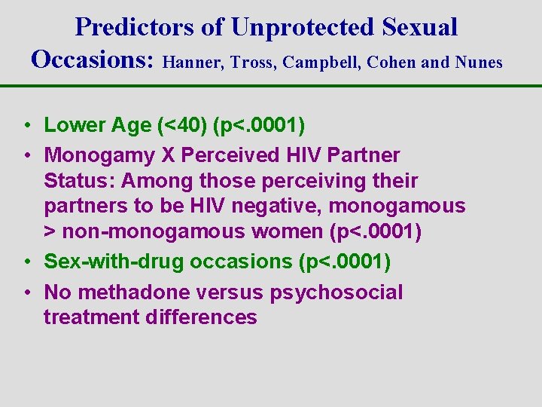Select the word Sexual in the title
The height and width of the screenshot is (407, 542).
pyautogui.click(x=419, y=28)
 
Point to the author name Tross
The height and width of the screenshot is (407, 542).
pyautogui.click(x=254, y=63)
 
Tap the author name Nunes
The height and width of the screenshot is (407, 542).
pyautogui.click(x=479, y=63)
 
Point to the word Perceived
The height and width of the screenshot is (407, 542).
pyautogui.click(x=227, y=155)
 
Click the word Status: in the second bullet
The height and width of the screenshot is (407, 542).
pyautogui.click(x=78, y=181)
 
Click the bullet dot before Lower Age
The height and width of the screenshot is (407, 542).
pyautogui.click(x=26, y=126)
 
